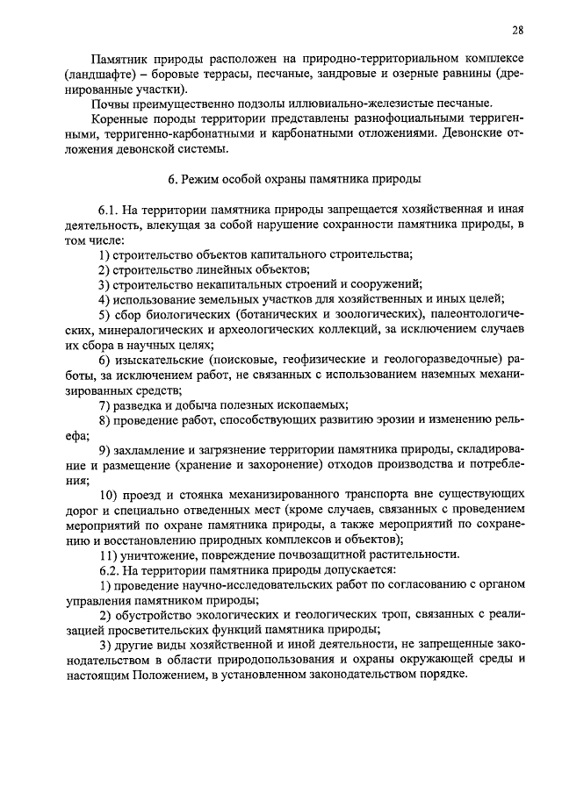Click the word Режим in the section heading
pos(202,179)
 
